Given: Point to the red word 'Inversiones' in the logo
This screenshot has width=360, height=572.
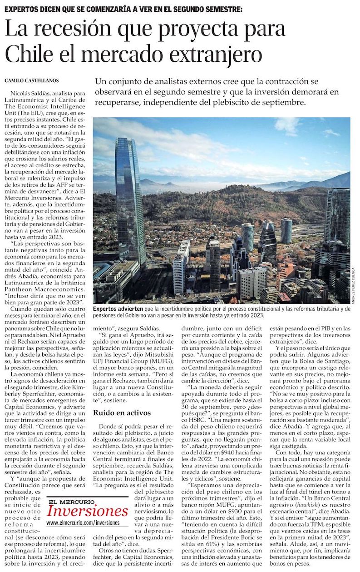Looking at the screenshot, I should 87,510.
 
